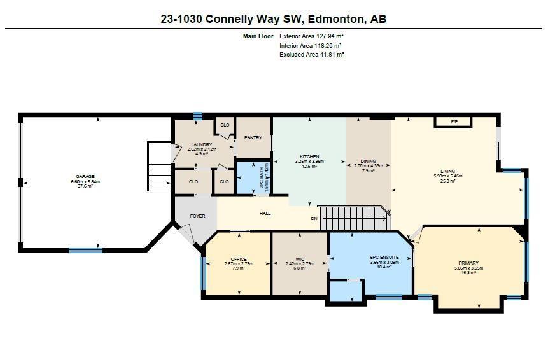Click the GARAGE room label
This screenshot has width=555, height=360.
(86, 176)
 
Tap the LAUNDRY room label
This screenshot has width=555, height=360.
(201, 145)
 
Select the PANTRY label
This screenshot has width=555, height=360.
(253, 137)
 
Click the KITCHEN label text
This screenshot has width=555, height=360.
(309, 157)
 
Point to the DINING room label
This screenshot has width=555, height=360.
(368, 162)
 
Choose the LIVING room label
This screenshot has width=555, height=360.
(447, 172)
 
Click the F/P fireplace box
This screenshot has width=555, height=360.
(453, 121)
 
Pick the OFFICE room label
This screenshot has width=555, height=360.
(239, 260)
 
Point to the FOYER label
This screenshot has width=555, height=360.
(197, 216)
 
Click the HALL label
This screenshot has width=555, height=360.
(265, 213)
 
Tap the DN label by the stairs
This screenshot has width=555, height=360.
(314, 218)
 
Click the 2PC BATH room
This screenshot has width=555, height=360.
(251, 177)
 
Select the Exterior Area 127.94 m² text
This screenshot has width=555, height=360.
(311, 36)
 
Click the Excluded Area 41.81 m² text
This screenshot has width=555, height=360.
(311, 55)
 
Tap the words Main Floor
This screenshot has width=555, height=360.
(258, 36)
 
